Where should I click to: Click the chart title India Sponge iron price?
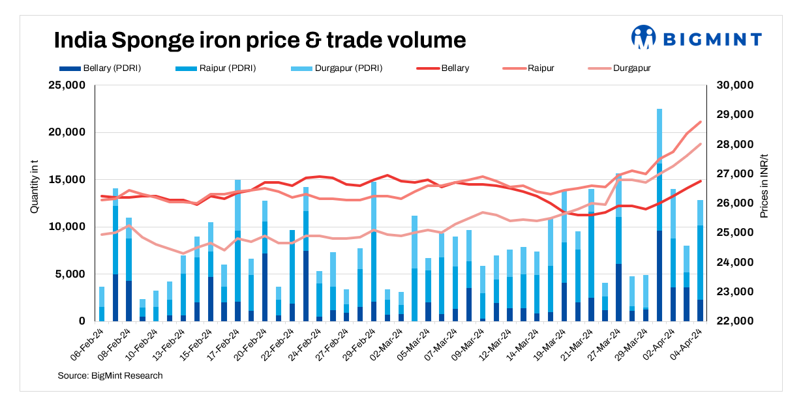click(x=260, y=40)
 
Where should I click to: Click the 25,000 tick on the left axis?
click(x=67, y=85)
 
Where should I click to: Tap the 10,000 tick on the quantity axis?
click(x=67, y=227)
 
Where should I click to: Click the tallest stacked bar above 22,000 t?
click(x=659, y=215)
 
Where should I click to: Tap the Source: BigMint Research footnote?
click(x=110, y=376)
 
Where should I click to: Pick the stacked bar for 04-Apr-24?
click(x=700, y=261)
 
